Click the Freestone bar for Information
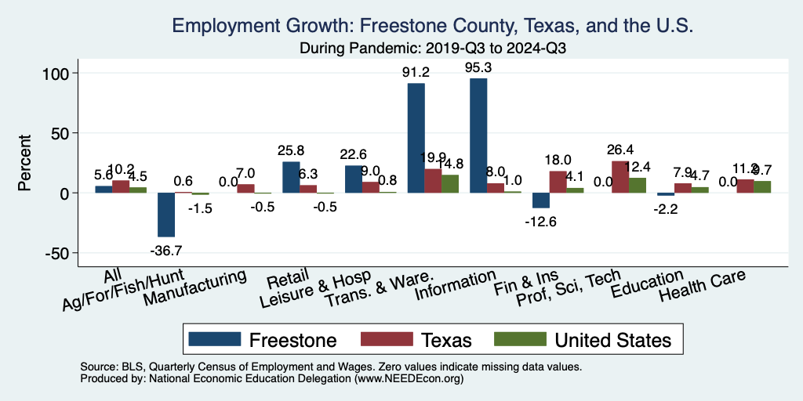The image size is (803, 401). point(478,135)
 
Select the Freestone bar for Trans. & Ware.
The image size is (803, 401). point(416,138)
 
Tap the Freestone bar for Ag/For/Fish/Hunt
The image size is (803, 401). point(166,215)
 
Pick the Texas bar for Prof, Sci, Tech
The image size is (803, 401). point(620,177)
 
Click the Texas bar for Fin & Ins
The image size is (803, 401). point(558,182)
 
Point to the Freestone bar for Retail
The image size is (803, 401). point(291,177)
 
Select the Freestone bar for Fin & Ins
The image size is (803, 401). point(541,200)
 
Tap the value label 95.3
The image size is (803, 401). point(478,68)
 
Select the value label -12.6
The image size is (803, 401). point(541,222)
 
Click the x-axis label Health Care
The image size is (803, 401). point(702,287)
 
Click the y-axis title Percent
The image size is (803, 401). point(26,163)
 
